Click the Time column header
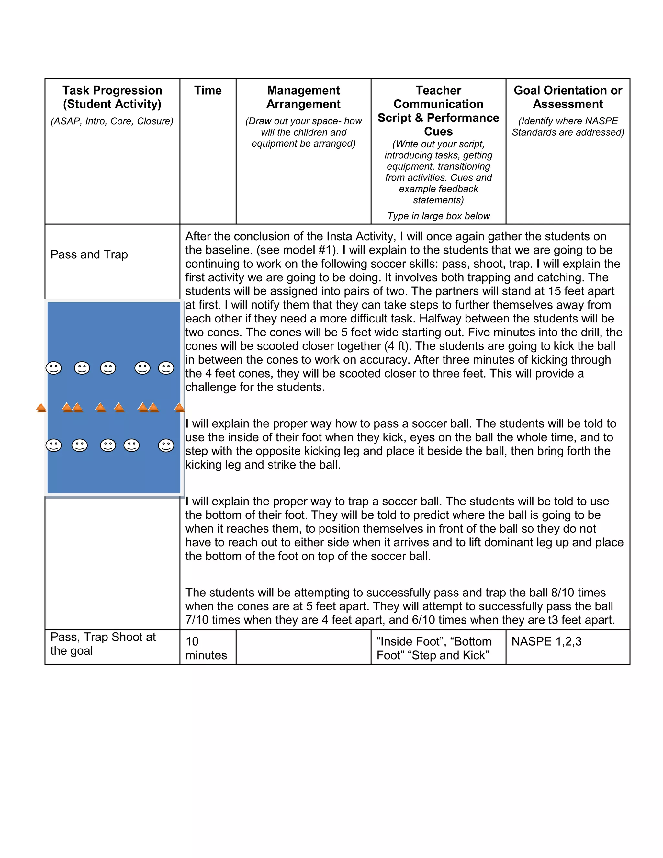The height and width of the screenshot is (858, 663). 208,90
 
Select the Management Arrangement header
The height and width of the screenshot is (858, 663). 303,97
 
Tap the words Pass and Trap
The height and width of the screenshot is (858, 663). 89,254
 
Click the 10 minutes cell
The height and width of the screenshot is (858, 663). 206,648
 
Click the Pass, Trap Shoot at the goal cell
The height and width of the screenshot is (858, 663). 103,644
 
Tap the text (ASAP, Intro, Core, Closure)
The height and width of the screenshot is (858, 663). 112,121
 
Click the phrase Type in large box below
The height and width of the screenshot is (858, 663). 438,216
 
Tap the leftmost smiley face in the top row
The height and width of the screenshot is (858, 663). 54,368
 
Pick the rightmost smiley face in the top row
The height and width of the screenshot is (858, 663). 166,368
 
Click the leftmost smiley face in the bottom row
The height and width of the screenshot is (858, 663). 54,446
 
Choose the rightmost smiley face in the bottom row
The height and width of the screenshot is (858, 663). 166,446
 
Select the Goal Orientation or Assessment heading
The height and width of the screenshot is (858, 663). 567,97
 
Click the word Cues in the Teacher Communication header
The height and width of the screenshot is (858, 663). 438,131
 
